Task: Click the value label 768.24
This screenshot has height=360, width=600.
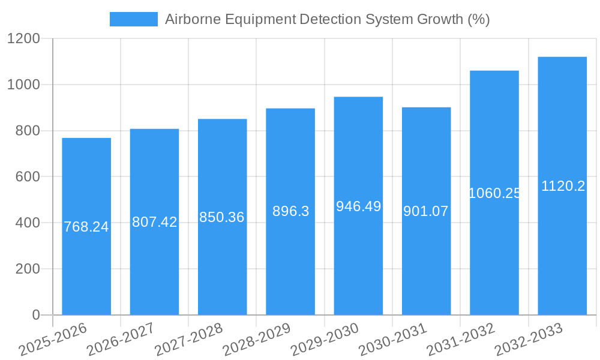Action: [x=86, y=227]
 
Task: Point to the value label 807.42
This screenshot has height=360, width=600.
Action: [x=154, y=222]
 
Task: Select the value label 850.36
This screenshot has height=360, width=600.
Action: [x=222, y=217]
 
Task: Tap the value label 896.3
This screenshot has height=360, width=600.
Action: [x=290, y=211]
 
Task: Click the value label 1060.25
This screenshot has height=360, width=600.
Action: [x=494, y=193]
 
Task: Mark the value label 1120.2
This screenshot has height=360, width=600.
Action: [x=562, y=186]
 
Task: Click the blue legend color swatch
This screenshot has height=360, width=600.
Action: [x=133, y=19]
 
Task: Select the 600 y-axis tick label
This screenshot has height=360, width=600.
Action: [x=28, y=177]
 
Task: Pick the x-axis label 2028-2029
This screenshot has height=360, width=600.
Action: [x=257, y=340]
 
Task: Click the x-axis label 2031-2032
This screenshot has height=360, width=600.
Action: [x=461, y=340]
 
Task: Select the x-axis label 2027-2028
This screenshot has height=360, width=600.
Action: [x=189, y=340]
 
